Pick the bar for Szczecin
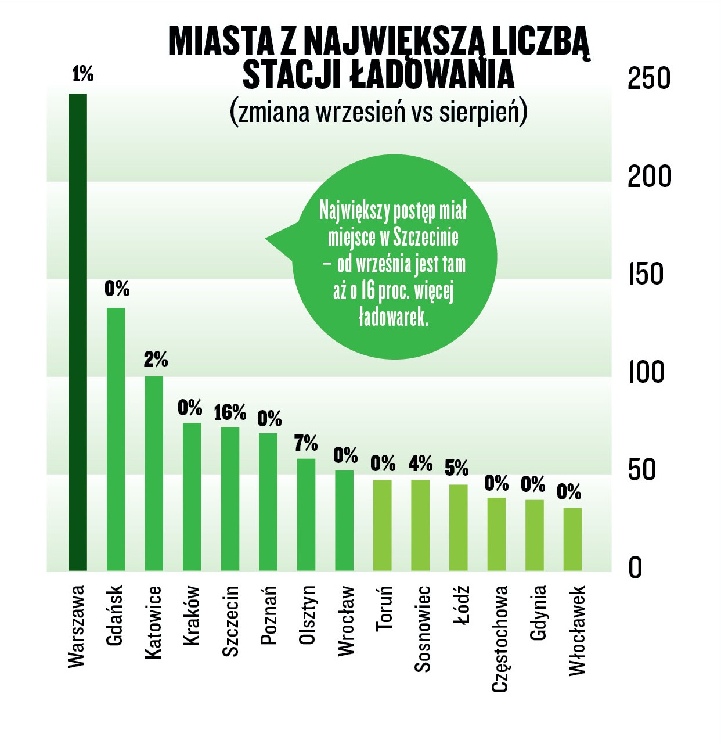[x=230, y=499]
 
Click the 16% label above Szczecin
[x=230, y=412]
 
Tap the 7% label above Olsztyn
[x=306, y=443]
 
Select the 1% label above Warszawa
[x=83, y=74]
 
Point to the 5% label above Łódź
[x=457, y=468]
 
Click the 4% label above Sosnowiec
[x=420, y=463]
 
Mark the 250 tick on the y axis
[x=648, y=78]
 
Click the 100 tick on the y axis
[x=646, y=372]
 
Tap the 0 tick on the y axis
[x=636, y=567]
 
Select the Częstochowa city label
[x=500, y=639]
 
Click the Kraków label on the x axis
[x=192, y=616]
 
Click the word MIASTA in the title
[x=221, y=41]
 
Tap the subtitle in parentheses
[x=378, y=112]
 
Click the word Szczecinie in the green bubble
[x=426, y=237]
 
